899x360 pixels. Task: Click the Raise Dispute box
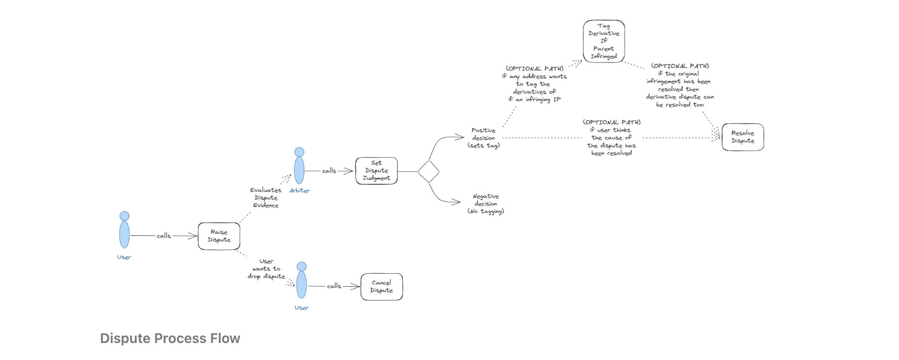219,236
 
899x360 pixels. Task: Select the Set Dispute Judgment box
376,171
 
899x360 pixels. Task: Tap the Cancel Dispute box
382,287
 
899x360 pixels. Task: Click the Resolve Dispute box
743,137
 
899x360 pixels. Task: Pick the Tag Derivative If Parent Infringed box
604,41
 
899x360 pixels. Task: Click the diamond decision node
428,171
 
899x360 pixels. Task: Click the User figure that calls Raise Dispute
125,230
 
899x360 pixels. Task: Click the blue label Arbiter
300,191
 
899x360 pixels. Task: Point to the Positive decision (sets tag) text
483,138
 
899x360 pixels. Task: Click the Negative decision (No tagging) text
486,204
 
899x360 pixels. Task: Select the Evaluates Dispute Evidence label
266,198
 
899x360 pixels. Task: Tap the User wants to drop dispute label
266,269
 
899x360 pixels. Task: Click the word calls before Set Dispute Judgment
329,171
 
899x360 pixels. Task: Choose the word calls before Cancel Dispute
334,286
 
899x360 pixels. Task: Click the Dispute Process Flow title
170,338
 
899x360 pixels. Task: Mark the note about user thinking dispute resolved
612,138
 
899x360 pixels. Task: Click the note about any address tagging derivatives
534,84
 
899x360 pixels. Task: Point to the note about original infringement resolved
680,85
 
